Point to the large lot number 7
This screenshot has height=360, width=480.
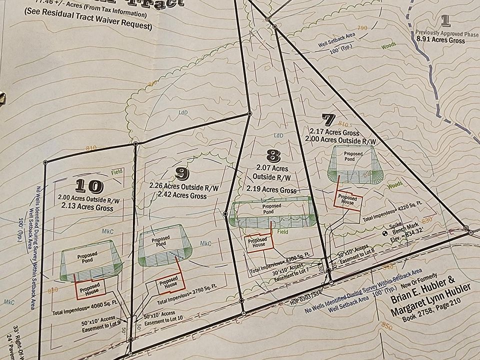[x=328, y=119]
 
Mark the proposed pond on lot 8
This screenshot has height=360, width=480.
[x=271, y=212]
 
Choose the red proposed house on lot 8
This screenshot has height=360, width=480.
[x=259, y=242]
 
